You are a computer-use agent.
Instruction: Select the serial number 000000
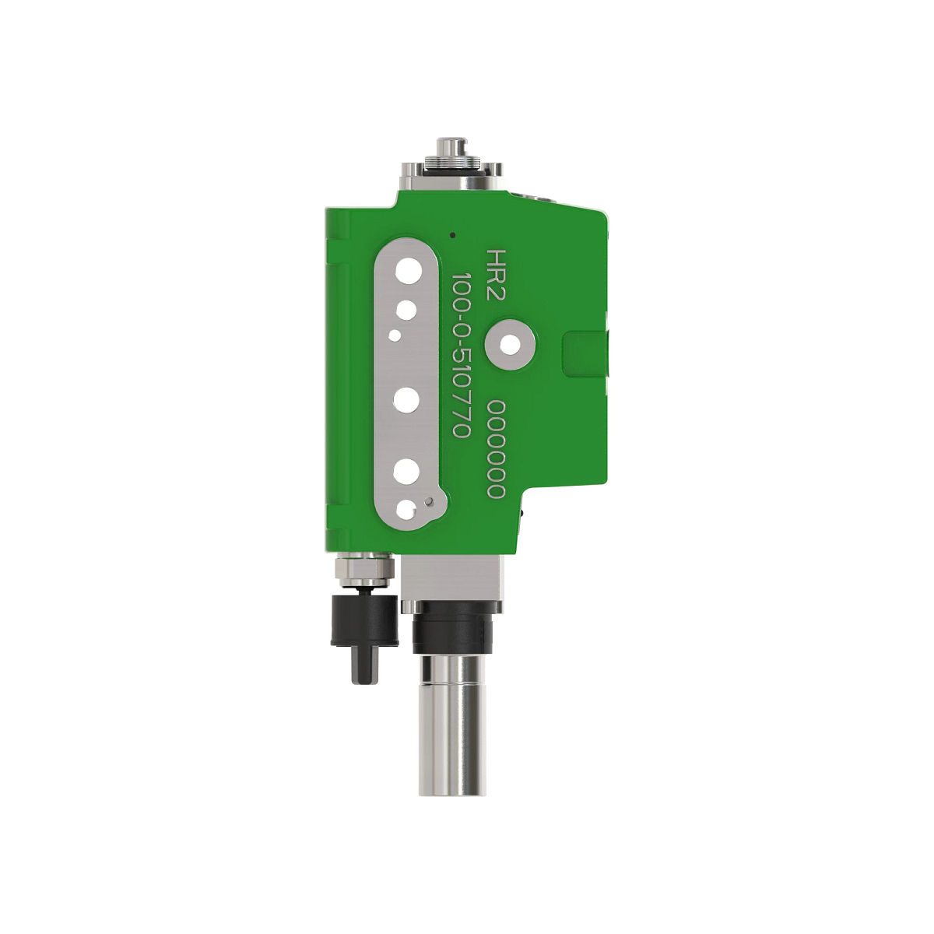coord(497,450)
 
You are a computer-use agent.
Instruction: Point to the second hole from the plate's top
coord(406,311)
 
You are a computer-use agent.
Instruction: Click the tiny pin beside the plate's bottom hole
coord(428,501)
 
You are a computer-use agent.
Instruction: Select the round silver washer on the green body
coord(510,343)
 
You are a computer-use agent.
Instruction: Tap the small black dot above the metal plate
coord(453,233)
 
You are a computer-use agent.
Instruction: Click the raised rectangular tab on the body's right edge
coord(585,354)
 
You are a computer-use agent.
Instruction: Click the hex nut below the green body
coord(363,572)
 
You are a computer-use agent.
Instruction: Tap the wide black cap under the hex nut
coord(364,621)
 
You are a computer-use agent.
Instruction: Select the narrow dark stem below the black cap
coord(364,665)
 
